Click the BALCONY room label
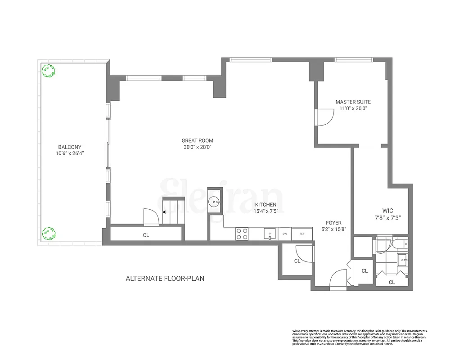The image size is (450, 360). pyautogui.click(x=70, y=147)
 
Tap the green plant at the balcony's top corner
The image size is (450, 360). pyautogui.click(x=48, y=71)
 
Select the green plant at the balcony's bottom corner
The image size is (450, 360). pyautogui.click(x=48, y=233)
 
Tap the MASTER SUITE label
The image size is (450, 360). pyautogui.click(x=353, y=102)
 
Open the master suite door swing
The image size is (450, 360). pyautogui.click(x=324, y=118)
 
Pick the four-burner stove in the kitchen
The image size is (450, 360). pyautogui.click(x=242, y=234)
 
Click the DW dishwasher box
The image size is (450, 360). pyautogui.click(x=284, y=234)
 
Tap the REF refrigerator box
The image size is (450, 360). pyautogui.click(x=302, y=234)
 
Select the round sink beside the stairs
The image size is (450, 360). pyautogui.click(x=215, y=203)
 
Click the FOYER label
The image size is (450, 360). pyautogui.click(x=334, y=223)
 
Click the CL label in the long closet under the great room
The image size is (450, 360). pyautogui.click(x=146, y=235)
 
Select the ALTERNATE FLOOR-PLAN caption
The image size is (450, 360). pyautogui.click(x=165, y=279)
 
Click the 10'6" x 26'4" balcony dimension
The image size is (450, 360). pyautogui.click(x=70, y=153)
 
